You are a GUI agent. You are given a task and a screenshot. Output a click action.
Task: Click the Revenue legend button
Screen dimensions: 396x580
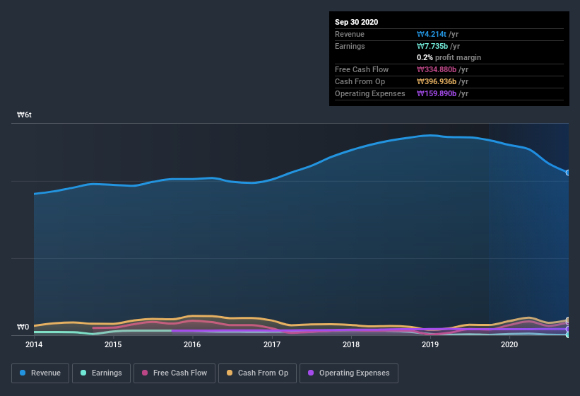(x=40, y=373)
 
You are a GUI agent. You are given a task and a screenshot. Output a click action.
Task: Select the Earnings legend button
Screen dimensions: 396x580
(x=101, y=373)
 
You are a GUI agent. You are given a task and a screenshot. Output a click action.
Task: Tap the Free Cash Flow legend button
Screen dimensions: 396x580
(x=174, y=373)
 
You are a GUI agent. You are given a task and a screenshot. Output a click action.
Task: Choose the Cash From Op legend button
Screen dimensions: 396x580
(x=257, y=373)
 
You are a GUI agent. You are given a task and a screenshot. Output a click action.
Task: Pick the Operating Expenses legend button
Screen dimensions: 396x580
(x=348, y=373)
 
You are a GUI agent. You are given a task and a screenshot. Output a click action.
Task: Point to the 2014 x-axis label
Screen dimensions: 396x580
(x=33, y=345)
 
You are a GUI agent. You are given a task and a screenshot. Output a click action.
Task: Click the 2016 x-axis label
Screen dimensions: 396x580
(x=192, y=345)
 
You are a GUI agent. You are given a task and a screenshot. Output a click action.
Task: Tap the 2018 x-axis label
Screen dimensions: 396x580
(x=351, y=345)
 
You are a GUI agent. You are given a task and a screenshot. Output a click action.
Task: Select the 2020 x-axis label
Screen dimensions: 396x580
(x=509, y=345)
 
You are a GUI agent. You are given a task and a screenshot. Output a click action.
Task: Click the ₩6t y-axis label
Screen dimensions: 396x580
(x=25, y=115)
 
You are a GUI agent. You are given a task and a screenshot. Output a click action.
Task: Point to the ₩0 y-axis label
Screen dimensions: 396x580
(x=23, y=327)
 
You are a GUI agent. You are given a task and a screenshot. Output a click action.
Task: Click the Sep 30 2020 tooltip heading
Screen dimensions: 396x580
(x=356, y=22)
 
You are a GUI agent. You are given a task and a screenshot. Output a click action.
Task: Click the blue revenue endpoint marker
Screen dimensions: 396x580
(x=567, y=173)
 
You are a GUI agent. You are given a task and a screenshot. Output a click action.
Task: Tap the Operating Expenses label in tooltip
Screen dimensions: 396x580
(x=370, y=93)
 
